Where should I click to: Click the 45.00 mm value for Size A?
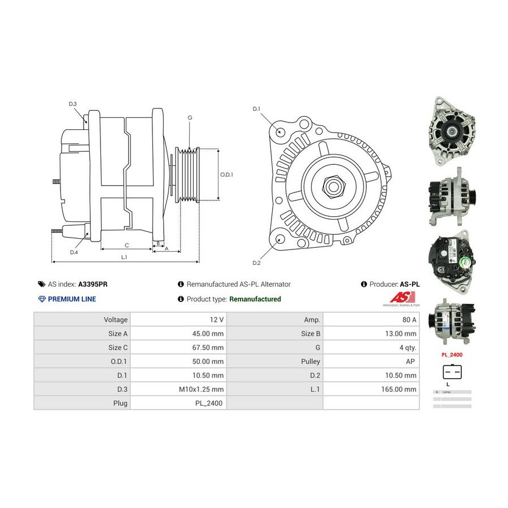pyautogui.click(x=208, y=333)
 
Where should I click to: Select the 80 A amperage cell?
pyautogui.click(x=408, y=319)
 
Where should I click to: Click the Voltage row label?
pyautogui.click(x=116, y=319)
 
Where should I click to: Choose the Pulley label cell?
pyautogui.click(x=311, y=361)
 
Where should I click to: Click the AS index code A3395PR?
pyautogui.click(x=93, y=284)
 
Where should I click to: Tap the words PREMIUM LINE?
pyautogui.click(x=72, y=299)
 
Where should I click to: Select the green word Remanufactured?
pyautogui.click(x=255, y=299)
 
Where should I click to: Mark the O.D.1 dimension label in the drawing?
pyautogui.click(x=226, y=174)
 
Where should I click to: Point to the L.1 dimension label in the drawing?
pyautogui.click(x=124, y=257)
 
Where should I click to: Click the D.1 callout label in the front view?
pyautogui.click(x=256, y=108)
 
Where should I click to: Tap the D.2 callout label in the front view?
pyautogui.click(x=256, y=263)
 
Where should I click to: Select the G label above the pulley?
pyautogui.click(x=190, y=117)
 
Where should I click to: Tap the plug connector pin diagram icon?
pyautogui.click(x=452, y=371)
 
